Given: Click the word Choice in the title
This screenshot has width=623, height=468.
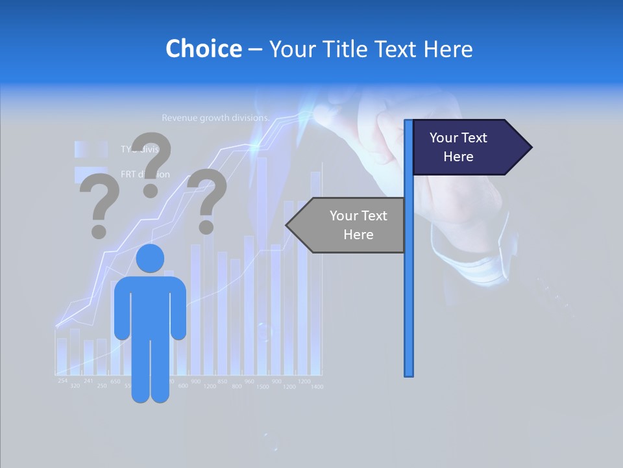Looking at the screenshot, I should (203, 49).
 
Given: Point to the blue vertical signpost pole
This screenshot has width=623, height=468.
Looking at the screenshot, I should (409, 292).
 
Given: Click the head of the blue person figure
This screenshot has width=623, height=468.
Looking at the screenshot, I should (150, 259).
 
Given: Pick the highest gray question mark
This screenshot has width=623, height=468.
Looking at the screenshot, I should (152, 162).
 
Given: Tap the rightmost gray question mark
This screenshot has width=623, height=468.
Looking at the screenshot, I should (207, 200).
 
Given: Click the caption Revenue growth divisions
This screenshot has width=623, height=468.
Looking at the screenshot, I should (215, 118).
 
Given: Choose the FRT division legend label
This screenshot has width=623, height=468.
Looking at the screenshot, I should (145, 174).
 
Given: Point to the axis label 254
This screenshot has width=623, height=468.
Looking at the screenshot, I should (62, 380).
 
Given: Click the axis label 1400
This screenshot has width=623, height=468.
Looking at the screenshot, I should (317, 387).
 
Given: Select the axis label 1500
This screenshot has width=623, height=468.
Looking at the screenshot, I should (262, 387).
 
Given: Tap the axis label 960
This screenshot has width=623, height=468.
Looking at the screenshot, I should (249, 382).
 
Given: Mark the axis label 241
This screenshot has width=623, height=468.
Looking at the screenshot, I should (88, 381).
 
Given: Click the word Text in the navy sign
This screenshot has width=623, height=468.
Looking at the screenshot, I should (474, 138).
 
